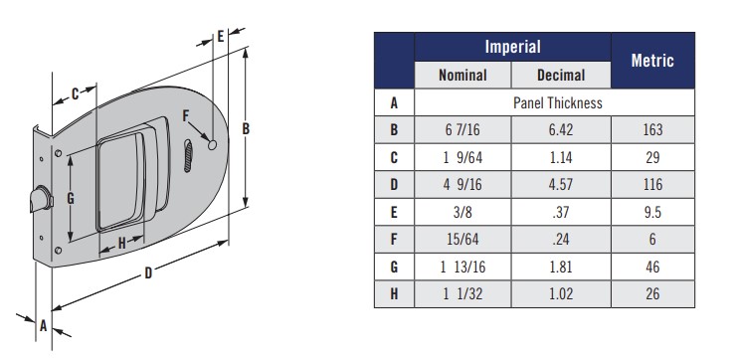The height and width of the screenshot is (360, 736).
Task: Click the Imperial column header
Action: coord(512,47)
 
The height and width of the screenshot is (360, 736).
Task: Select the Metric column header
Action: coord(652,60)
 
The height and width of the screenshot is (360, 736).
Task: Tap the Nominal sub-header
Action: coord(462,76)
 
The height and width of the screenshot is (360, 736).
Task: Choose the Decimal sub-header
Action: coord(561,76)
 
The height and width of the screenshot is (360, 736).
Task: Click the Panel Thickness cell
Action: coord(558,102)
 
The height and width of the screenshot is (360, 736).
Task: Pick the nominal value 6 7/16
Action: coord(462,129)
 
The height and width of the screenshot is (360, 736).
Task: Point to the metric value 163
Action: coord(652,129)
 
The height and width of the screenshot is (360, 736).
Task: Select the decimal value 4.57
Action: coord(561,184)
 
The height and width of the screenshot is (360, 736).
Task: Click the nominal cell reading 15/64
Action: coord(462,240)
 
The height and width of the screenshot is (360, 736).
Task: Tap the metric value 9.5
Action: coord(652,212)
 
